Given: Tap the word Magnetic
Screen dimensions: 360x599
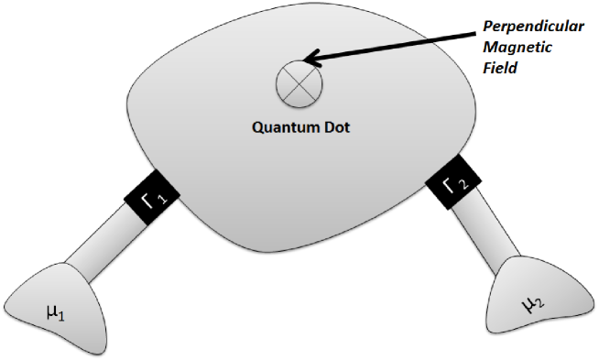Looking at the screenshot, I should (518, 49).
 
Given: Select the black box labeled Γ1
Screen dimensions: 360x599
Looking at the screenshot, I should (148, 195).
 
